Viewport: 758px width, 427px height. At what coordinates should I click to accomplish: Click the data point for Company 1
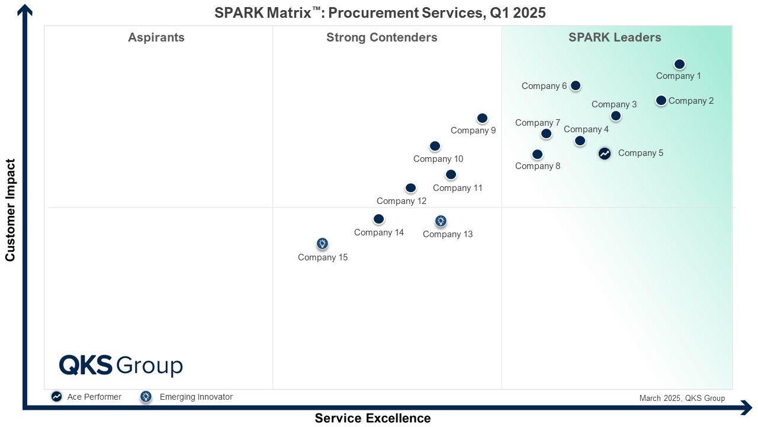coord(679,64)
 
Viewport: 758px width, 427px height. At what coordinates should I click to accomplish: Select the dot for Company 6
coord(575,85)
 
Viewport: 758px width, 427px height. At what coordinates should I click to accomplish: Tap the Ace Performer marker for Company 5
coord(604,154)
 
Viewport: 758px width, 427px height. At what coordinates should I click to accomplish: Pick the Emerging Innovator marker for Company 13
coord(441,221)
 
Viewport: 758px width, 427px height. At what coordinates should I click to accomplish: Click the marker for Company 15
coord(322,244)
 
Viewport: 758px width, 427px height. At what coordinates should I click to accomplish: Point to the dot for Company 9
coord(482,119)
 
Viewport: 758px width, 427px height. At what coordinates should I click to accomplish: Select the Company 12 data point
coord(410,188)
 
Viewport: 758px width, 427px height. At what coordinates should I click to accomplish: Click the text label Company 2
coord(691,101)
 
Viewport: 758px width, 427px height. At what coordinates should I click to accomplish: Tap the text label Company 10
coord(438,159)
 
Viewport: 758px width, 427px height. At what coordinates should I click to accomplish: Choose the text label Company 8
coord(538,166)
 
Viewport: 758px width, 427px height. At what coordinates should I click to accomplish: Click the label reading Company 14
coord(379,232)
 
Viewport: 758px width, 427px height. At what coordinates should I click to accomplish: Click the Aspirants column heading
coord(156,37)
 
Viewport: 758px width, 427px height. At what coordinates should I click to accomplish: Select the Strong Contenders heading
coord(382,37)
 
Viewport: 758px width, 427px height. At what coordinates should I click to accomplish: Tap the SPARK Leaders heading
coord(615,37)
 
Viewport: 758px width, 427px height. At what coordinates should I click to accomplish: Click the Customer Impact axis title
coord(10,210)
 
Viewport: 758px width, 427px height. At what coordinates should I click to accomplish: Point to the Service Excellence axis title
coord(372,418)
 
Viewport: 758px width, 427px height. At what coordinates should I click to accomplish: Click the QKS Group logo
coord(121,365)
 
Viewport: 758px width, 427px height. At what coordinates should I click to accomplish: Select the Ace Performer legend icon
coord(56,397)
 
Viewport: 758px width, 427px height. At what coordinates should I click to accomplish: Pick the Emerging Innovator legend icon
coord(146,397)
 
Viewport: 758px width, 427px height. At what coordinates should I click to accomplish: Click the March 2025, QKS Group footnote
coord(682,398)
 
